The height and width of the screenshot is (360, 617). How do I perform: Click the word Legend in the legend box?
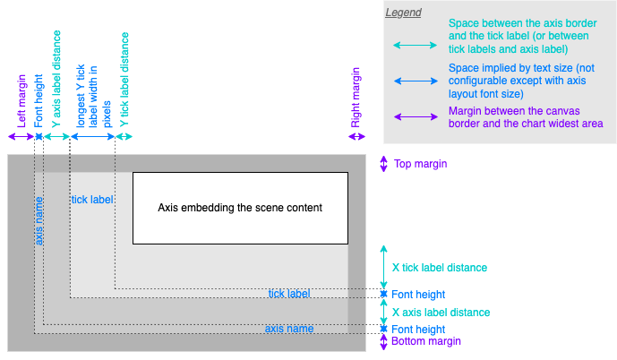[x=403, y=13]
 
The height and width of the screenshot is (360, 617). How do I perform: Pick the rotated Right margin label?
[x=356, y=96]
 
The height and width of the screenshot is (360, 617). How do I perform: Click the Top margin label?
[x=420, y=164]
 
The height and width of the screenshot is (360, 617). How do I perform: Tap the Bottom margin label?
[x=426, y=341]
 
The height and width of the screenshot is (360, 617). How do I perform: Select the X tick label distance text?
[x=440, y=268]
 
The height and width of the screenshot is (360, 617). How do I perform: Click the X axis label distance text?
[x=441, y=313]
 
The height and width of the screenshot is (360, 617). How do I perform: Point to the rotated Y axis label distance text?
[x=56, y=83]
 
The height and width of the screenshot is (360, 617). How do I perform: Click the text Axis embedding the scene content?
[x=240, y=208]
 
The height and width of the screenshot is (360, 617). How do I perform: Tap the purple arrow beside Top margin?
[x=383, y=164]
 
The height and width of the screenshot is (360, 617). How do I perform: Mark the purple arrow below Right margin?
[x=357, y=136]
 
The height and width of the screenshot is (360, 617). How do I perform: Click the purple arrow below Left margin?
[x=21, y=136]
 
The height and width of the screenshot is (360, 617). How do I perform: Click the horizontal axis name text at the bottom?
[x=289, y=329]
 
